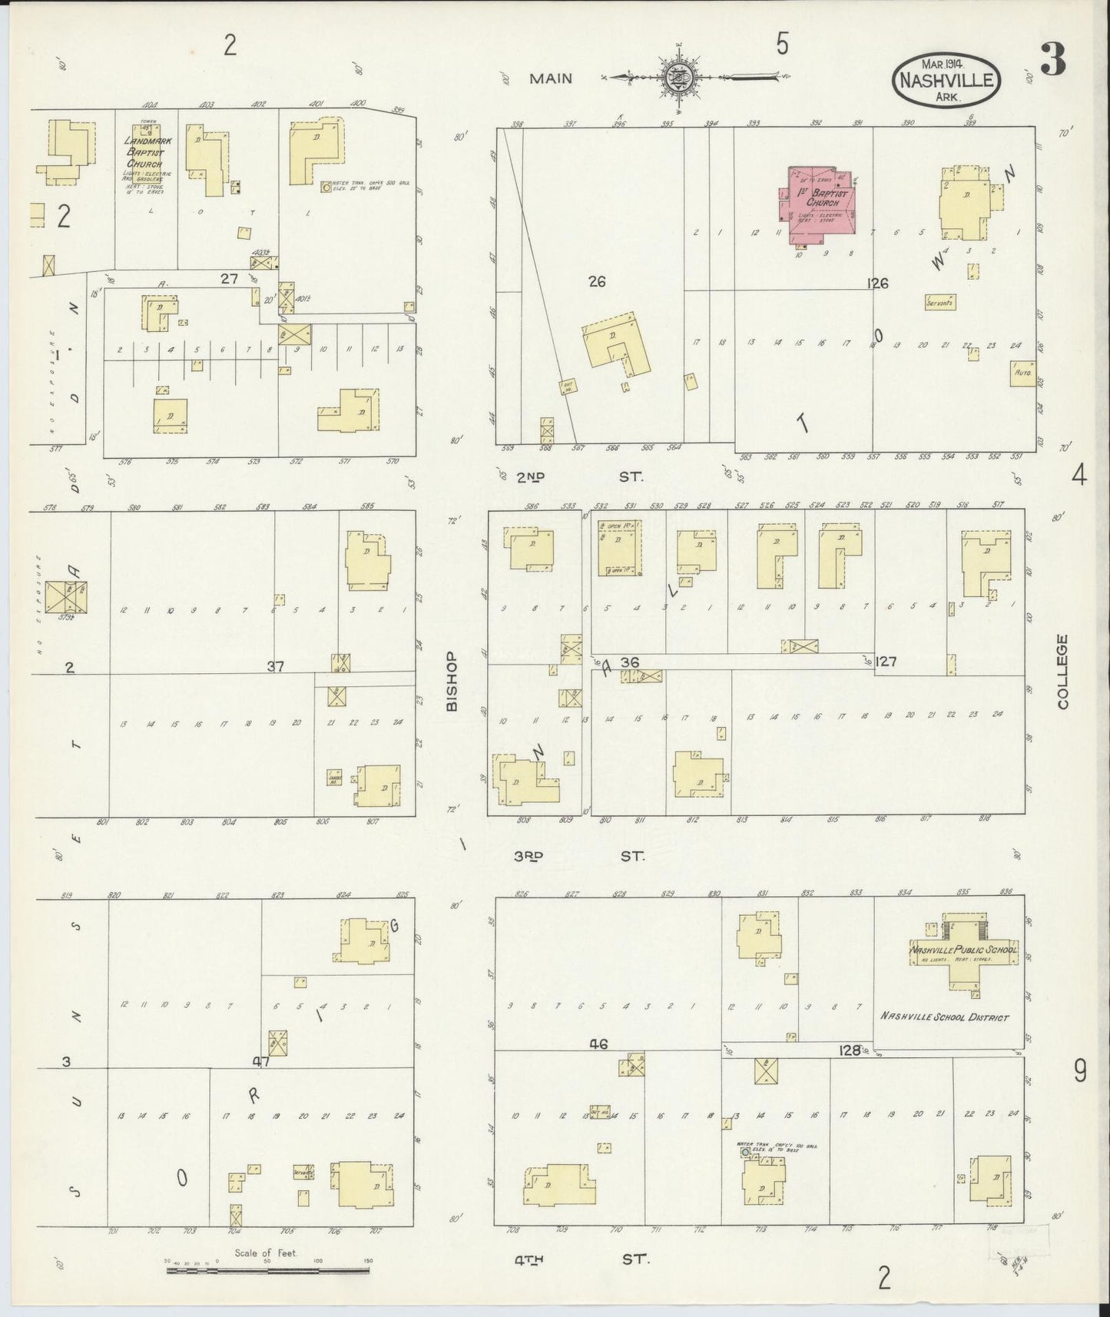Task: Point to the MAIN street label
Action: pos(550,78)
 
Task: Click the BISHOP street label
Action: pos(452,681)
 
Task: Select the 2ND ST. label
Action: pos(581,477)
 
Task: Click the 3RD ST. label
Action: pos(581,855)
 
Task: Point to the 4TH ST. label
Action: pos(582,1259)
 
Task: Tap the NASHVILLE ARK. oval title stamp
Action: pos(946,81)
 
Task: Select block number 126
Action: pos(877,284)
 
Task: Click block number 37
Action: pos(275,667)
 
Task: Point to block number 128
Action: pos(850,1050)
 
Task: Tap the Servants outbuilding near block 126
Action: pos(940,302)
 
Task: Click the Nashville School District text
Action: pos(944,1017)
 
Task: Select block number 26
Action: pos(597,282)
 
